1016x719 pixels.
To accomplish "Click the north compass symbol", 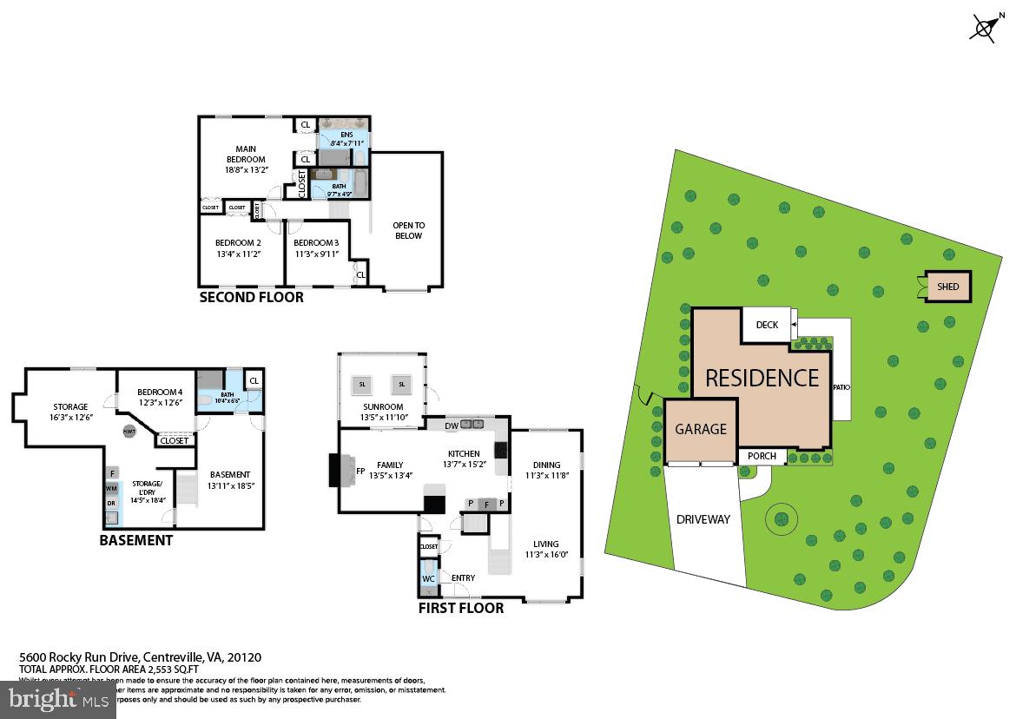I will [x=984, y=28].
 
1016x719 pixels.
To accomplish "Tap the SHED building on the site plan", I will [x=947, y=287].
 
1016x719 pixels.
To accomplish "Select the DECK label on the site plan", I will [x=767, y=325].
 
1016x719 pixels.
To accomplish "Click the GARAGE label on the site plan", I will [x=701, y=429].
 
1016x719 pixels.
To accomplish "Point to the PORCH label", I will [x=762, y=456].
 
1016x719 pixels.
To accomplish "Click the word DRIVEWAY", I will [x=703, y=519].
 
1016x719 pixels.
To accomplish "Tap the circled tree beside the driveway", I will [x=781, y=519].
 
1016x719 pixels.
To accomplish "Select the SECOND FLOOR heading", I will [x=252, y=297].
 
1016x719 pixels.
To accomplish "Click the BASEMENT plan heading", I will [x=135, y=540].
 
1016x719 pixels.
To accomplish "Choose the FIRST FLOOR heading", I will [x=460, y=608].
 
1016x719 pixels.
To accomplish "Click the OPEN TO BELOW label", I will [x=408, y=230].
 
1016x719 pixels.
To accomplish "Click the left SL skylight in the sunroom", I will [x=362, y=384].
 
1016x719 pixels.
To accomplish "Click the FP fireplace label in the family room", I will [x=359, y=472].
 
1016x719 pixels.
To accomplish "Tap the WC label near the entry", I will [x=428, y=578].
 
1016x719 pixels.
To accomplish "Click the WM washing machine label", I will [x=111, y=489].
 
